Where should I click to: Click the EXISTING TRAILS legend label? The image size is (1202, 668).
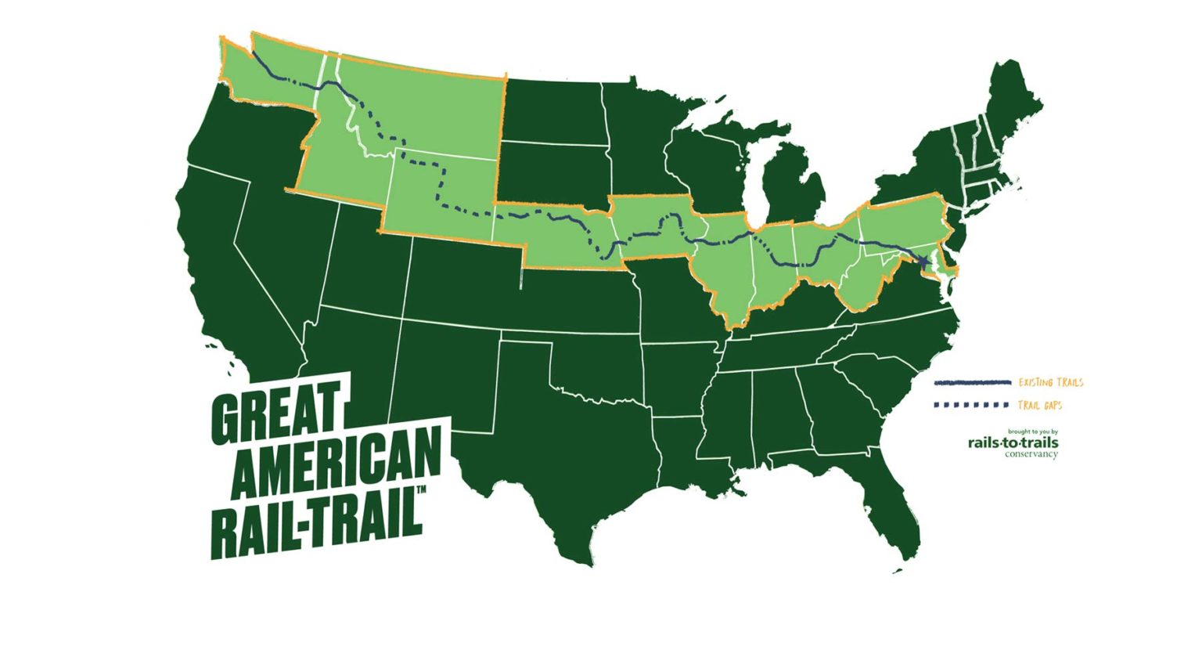coord(1050,383)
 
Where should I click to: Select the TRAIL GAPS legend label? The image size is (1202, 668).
coord(1039,406)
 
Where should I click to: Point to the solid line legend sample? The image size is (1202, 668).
coord(972,383)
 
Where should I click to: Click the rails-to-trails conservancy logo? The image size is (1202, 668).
coord(1013,444)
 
